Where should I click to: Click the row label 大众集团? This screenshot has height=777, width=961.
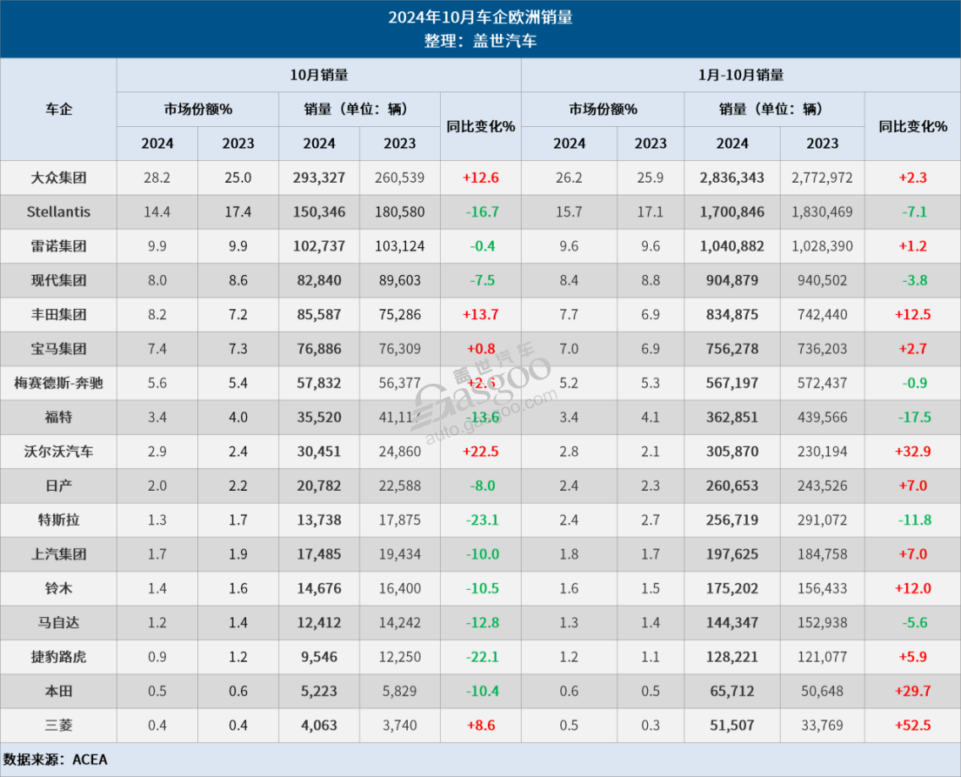click(x=58, y=178)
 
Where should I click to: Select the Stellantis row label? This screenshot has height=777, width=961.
click(x=58, y=211)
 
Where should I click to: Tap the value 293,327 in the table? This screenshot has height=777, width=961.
click(x=319, y=178)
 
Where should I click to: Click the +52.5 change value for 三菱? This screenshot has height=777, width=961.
click(x=912, y=725)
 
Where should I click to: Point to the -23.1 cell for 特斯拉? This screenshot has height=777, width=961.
click(x=480, y=519)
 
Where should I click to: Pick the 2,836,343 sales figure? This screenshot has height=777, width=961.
click(x=731, y=178)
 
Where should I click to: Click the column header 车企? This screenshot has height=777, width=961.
click(x=58, y=109)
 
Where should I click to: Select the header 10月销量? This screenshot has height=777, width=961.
click(x=318, y=75)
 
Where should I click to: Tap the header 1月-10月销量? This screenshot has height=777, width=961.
click(x=740, y=75)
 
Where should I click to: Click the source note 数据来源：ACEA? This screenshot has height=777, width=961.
click(x=56, y=759)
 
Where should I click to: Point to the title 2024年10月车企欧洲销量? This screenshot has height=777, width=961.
click(x=480, y=17)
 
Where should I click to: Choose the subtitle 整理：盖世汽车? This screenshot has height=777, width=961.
click(x=480, y=41)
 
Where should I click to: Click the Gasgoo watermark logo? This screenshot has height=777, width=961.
click(x=483, y=387)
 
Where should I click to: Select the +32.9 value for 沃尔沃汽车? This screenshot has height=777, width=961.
click(x=912, y=452)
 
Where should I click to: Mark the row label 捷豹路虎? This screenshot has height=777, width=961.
click(x=58, y=657)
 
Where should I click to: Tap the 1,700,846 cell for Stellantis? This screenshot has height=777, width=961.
click(x=731, y=211)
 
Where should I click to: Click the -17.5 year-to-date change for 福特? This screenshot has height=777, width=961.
click(x=912, y=417)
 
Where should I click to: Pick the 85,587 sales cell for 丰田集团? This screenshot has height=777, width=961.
click(x=319, y=314)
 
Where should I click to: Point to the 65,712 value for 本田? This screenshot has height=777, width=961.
click(x=731, y=691)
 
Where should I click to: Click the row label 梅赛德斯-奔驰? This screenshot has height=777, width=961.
click(x=58, y=383)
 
